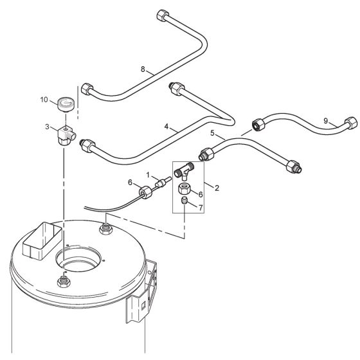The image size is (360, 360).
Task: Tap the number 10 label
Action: click(x=44, y=100)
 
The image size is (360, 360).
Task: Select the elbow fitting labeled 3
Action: click(x=66, y=133)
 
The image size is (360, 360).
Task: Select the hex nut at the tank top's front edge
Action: click(x=64, y=281)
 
